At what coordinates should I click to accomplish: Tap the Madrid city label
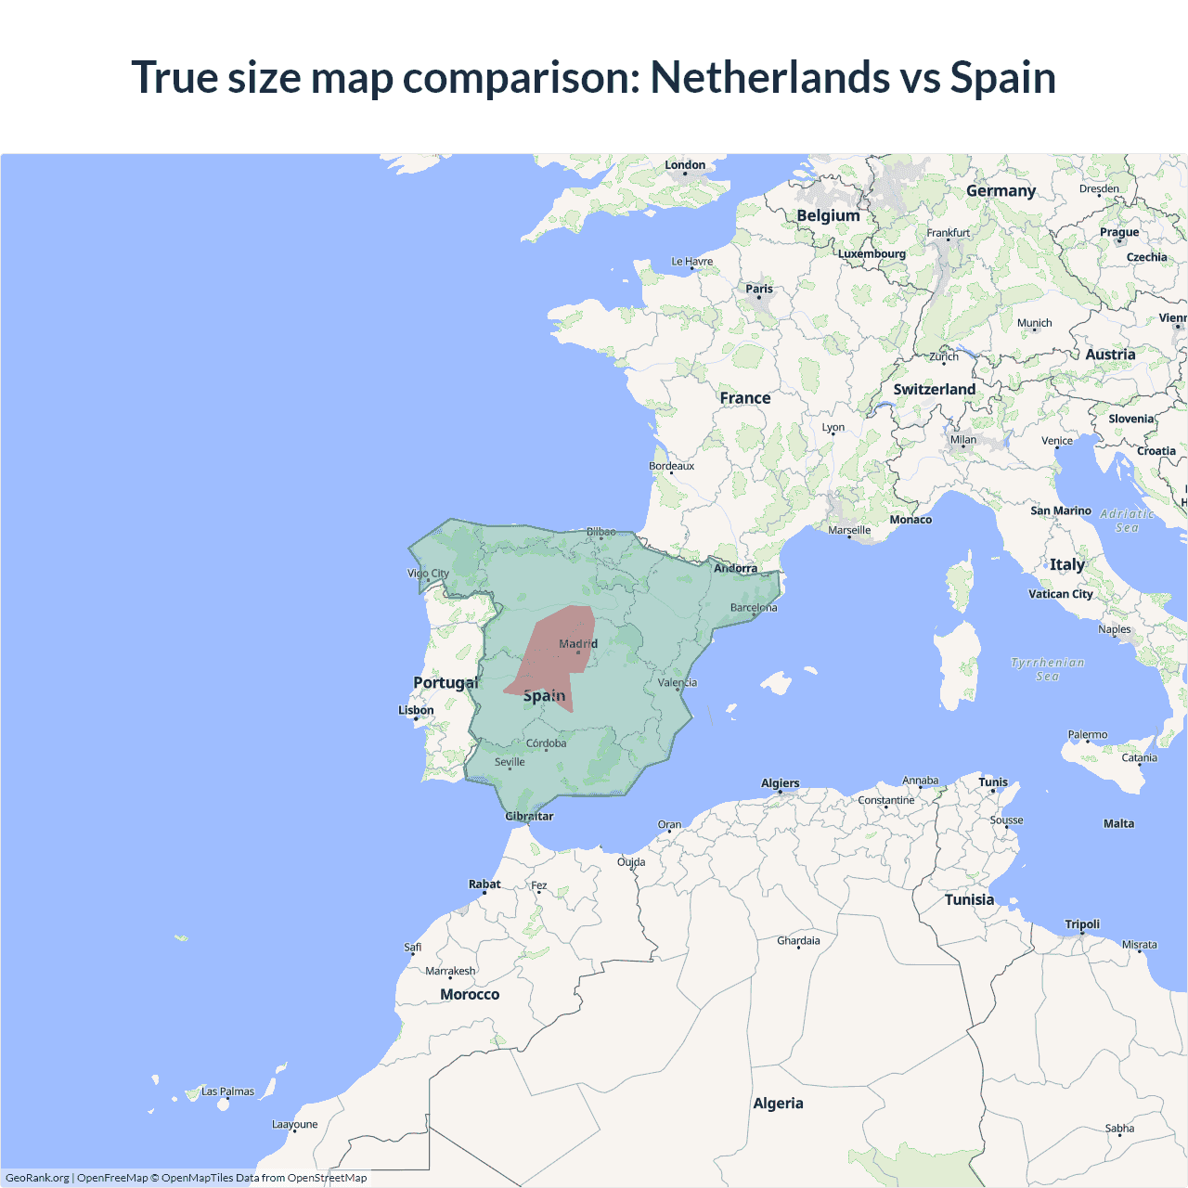coord(578,643)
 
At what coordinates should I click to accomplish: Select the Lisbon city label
coord(416,710)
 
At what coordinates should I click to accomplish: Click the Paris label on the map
coord(759,289)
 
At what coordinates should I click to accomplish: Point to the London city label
coord(685,165)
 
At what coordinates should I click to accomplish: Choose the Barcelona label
coord(754,608)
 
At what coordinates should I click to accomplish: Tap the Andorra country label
coord(735,568)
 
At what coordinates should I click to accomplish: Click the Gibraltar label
coord(529,817)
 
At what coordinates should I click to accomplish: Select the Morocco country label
coord(470,994)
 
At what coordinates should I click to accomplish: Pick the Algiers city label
coord(780,783)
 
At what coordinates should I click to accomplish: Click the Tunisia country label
coord(969,899)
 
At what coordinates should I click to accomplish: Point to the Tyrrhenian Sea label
coord(1047,669)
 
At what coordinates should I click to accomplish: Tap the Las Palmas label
coord(227,1091)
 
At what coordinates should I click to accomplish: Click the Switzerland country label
coord(934,390)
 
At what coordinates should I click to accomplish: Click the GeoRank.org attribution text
coord(37,1178)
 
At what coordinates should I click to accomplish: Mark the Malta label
coord(1118,823)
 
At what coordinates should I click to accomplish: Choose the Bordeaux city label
coord(671,466)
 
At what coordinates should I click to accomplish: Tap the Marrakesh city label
coord(450,971)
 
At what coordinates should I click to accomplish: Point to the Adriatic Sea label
coord(1127,521)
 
